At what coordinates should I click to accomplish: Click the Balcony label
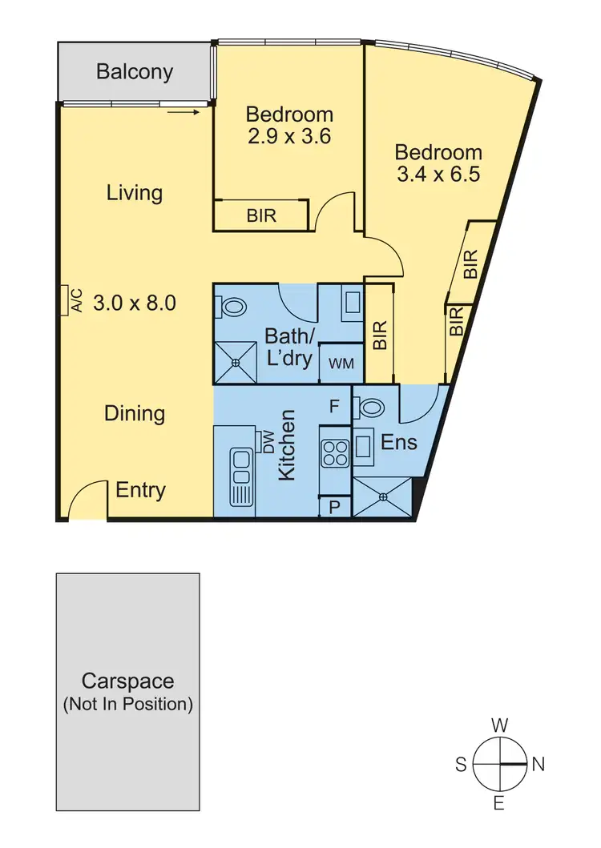(135, 72)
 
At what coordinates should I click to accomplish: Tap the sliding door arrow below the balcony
(184, 112)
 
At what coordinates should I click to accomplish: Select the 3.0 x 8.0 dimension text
(135, 303)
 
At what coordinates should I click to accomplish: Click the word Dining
(135, 413)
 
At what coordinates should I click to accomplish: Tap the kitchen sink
(240, 475)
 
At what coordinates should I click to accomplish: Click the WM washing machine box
(341, 364)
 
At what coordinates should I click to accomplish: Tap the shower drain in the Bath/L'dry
(236, 363)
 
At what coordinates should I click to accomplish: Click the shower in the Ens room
(382, 496)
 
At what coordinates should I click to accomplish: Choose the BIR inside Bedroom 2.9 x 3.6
(261, 215)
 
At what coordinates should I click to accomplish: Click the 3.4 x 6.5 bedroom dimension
(438, 175)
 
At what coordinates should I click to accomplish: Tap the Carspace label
(127, 682)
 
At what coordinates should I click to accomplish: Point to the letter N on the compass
(538, 765)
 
